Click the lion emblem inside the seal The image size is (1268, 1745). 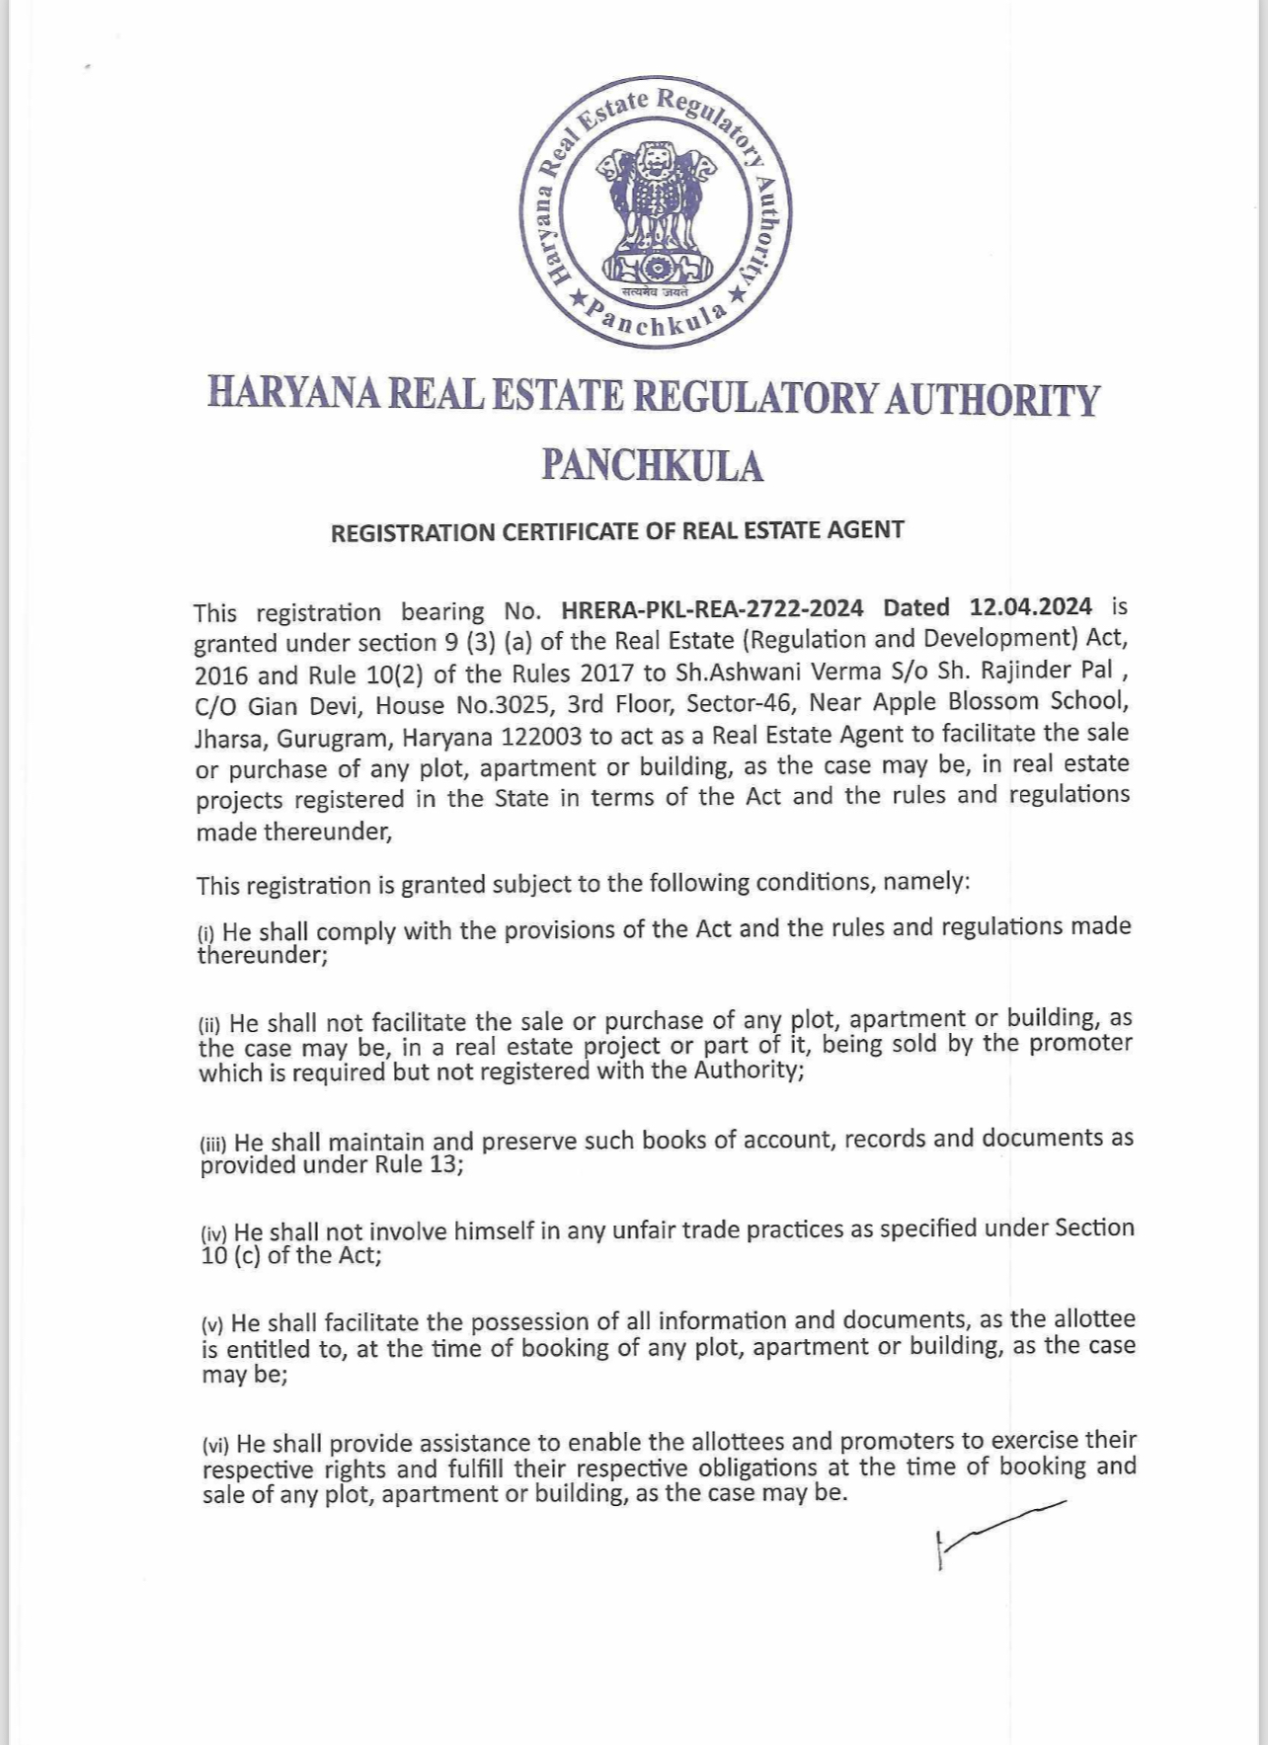[x=655, y=212]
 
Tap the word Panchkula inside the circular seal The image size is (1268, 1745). [x=655, y=321]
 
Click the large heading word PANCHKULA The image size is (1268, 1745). [x=653, y=466]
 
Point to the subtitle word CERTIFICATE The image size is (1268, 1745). [x=571, y=531]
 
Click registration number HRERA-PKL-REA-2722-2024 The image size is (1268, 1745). [x=712, y=607]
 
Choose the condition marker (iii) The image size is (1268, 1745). [x=213, y=1145]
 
